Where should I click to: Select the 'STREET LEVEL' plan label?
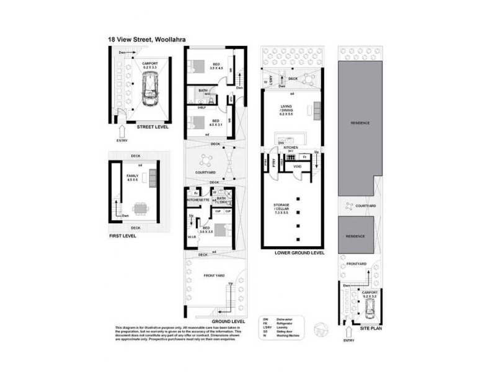tap(153, 126)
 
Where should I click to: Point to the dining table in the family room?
tap(142, 208)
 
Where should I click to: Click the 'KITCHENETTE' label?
tap(199, 200)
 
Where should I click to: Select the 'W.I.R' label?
tap(192, 237)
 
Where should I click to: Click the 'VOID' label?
tap(297, 167)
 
